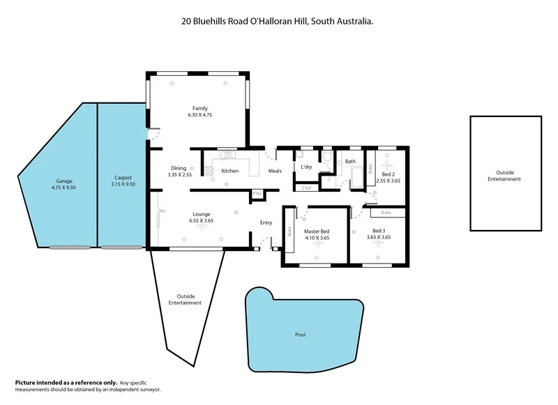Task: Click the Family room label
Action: pyautogui.click(x=200, y=108)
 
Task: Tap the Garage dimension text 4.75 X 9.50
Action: pyautogui.click(x=64, y=187)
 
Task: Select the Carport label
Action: pyautogui.click(x=123, y=178)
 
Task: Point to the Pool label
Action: pyautogui.click(x=301, y=335)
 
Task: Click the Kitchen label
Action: pyautogui.click(x=230, y=171)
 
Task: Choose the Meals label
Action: pyautogui.click(x=275, y=171)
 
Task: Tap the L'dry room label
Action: pyautogui.click(x=306, y=168)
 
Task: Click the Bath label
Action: pyautogui.click(x=350, y=162)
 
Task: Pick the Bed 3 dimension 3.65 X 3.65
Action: pyautogui.click(x=382, y=237)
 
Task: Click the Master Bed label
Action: pyautogui.click(x=317, y=231)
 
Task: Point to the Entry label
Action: pyautogui.click(x=266, y=222)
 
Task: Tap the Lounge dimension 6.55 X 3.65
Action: pyautogui.click(x=201, y=221)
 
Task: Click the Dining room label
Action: pyautogui.click(x=179, y=168)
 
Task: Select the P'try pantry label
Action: pyautogui.click(x=257, y=193)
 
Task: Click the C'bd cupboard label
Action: pyautogui.click(x=306, y=188)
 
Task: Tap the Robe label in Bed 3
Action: pyautogui.click(x=386, y=212)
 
